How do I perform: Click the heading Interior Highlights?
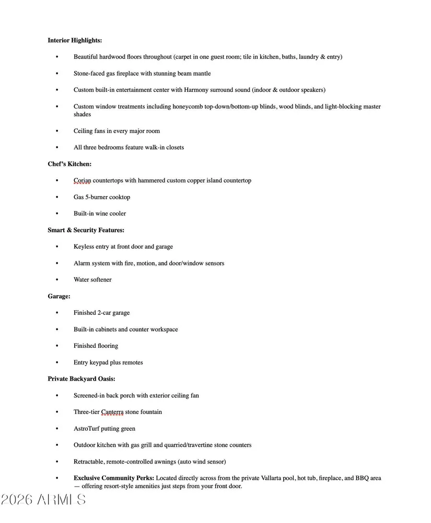[x=75, y=40]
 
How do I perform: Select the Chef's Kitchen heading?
[x=69, y=164]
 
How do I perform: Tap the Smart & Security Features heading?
[x=86, y=230]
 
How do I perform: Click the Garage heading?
[x=59, y=296]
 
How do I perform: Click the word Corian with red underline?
[x=82, y=180]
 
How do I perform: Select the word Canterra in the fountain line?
[x=112, y=412]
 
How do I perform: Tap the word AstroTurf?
[x=87, y=429]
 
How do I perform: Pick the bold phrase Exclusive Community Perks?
[x=113, y=478]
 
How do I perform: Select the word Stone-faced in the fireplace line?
[x=88, y=74]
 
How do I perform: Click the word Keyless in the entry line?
[x=84, y=247]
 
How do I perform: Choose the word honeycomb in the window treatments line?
[x=187, y=106]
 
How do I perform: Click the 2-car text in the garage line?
[x=104, y=313]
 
